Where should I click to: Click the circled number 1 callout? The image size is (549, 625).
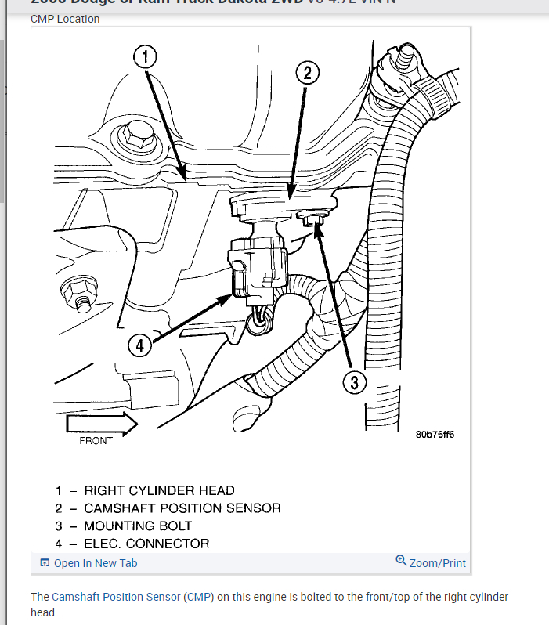click(x=145, y=56)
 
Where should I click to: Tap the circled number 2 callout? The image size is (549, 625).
click(x=307, y=73)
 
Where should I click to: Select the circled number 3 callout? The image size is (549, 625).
click(x=354, y=382)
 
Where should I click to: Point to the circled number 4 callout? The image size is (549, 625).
click(x=139, y=345)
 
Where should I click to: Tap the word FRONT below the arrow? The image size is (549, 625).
click(x=96, y=441)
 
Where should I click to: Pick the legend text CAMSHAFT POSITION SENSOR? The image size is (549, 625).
click(x=182, y=508)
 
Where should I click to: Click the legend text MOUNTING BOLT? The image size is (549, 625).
click(x=138, y=526)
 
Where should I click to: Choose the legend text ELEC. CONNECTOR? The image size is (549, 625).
click(x=146, y=544)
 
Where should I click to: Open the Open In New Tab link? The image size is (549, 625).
click(x=95, y=563)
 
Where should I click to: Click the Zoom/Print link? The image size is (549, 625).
click(x=437, y=563)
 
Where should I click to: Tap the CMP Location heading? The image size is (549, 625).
click(x=65, y=19)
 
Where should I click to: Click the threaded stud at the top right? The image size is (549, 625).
click(x=405, y=59)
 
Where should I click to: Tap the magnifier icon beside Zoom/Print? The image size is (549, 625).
click(x=401, y=561)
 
